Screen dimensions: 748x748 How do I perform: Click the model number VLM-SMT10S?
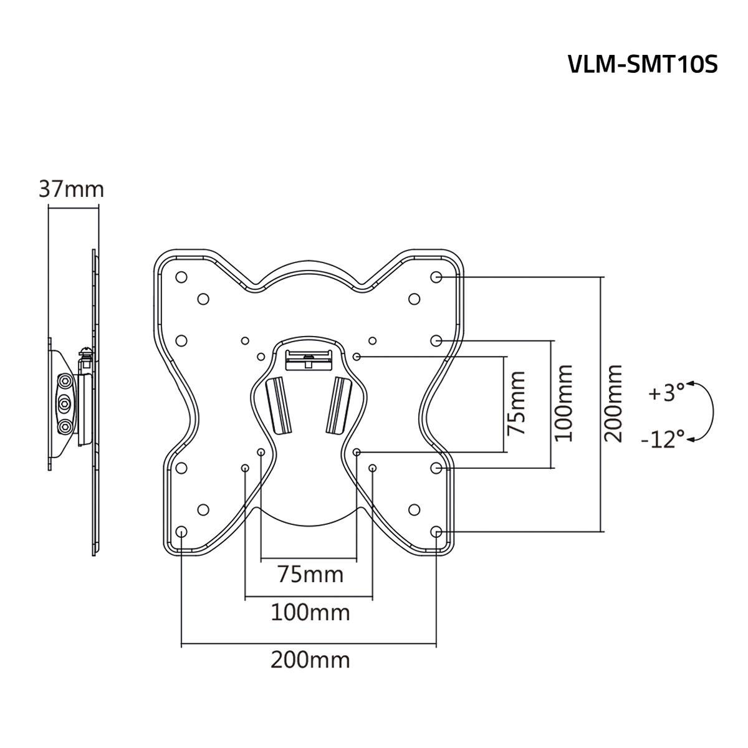(643, 64)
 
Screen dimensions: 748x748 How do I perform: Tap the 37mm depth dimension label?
(71, 188)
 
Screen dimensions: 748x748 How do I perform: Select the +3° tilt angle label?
(666, 394)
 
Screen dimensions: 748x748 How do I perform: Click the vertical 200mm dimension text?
(613, 403)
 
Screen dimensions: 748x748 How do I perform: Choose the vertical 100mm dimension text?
(563, 403)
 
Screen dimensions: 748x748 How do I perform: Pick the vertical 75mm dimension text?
(515, 403)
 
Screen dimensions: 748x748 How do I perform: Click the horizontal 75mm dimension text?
(310, 573)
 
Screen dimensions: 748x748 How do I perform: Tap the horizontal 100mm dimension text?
(310, 613)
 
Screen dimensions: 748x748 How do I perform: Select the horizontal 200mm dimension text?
(310, 659)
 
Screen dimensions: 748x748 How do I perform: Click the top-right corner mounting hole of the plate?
(436, 277)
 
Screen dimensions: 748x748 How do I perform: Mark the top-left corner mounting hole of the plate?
(181, 277)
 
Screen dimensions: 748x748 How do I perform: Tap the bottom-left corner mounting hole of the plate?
(181, 532)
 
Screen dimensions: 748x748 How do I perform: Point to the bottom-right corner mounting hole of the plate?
(436, 532)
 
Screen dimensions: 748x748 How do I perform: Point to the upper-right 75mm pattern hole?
(357, 356)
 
